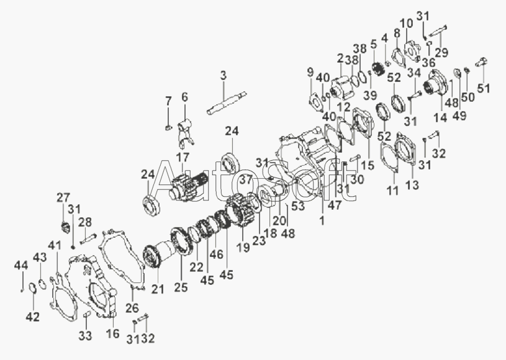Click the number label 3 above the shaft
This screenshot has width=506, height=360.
[x=224, y=76]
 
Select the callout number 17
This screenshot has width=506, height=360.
[x=182, y=158]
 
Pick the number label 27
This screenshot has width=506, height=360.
[x=63, y=197]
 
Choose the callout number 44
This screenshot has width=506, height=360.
[x=21, y=266]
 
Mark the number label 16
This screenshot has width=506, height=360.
[x=112, y=334]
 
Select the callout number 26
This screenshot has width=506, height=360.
[x=132, y=308]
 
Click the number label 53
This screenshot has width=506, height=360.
[x=299, y=206]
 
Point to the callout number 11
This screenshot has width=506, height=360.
[x=392, y=191]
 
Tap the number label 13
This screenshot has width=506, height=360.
[x=412, y=185]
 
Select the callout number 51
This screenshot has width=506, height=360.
[x=483, y=88]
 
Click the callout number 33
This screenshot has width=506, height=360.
[x=85, y=336]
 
